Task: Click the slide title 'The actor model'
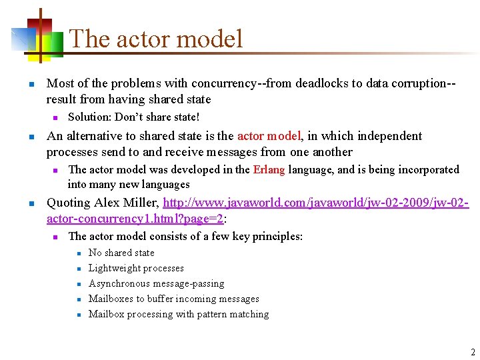[x=156, y=39]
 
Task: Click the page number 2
[x=472, y=352]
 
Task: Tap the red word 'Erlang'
[x=269, y=169]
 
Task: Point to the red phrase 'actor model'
[x=269, y=136]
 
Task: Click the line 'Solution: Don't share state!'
[x=133, y=117]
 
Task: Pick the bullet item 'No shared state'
[x=121, y=253]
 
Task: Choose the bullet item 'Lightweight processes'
[x=136, y=268]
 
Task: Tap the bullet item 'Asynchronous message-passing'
[x=156, y=283]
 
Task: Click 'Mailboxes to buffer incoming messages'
[x=173, y=299]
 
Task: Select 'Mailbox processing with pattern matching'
[x=179, y=314]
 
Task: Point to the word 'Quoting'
[x=68, y=203]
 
